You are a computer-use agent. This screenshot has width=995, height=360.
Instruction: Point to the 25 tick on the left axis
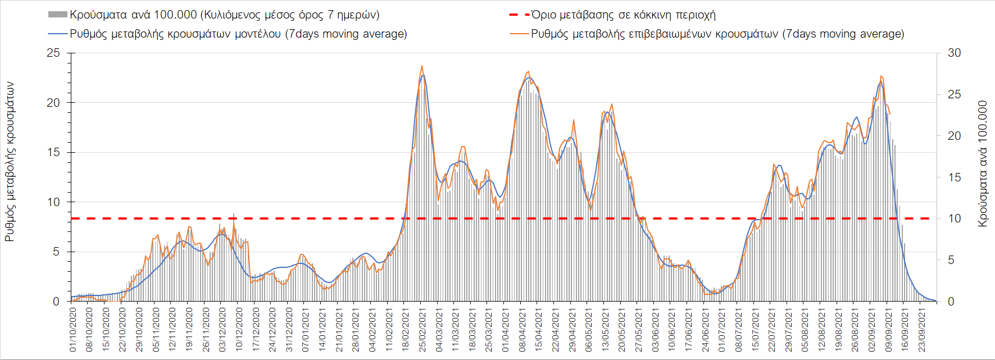(53, 53)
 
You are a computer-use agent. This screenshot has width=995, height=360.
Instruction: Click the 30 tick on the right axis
(954, 53)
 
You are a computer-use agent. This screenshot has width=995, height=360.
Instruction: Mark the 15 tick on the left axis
(53, 152)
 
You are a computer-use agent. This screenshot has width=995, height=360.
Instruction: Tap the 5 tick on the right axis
(951, 260)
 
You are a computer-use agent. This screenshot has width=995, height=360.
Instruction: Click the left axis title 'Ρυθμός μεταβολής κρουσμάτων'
(10, 162)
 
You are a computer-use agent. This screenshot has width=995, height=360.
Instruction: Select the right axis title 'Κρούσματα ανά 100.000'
(983, 163)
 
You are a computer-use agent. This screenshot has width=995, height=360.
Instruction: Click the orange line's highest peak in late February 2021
(422, 66)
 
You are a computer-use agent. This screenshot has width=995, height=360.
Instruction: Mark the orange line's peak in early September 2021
(881, 76)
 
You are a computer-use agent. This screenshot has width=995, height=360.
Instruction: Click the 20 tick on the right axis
(954, 136)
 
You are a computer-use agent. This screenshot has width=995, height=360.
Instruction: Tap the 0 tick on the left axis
(56, 302)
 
